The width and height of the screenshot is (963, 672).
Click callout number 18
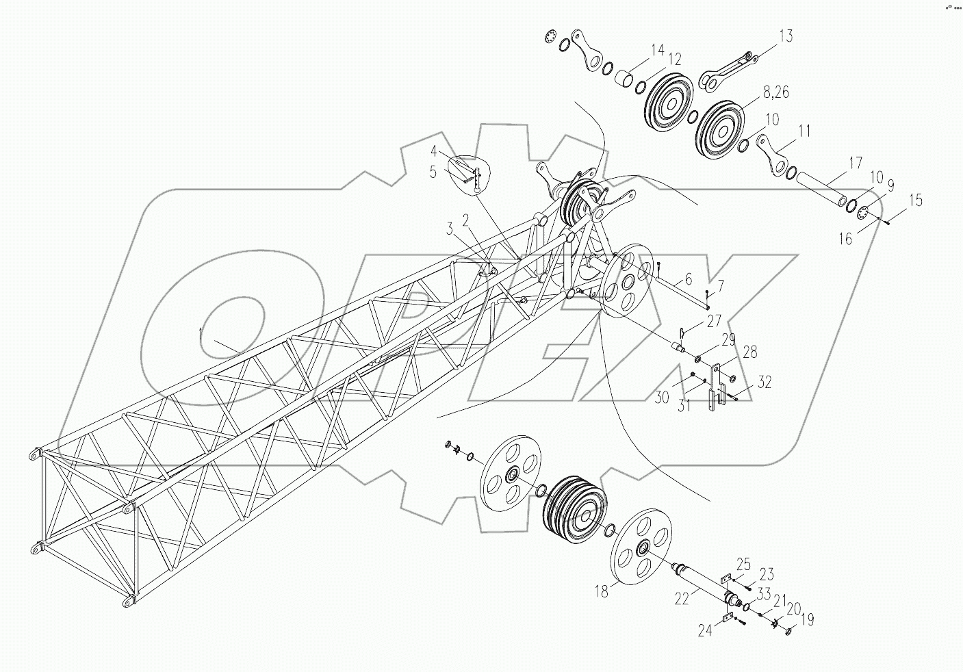click(601, 592)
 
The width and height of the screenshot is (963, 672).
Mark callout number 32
click(764, 383)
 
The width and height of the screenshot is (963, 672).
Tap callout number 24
click(705, 630)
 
